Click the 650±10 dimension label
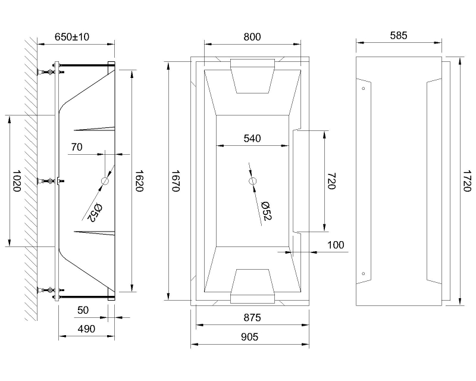[x=72, y=36]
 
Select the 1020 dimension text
[x=17, y=180]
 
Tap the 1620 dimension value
[x=139, y=180]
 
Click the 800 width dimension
[x=252, y=36]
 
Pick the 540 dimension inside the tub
[x=252, y=139]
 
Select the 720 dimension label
[x=331, y=181]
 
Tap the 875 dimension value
[x=252, y=318]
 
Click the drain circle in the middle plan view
[x=252, y=180]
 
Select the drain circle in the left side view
[x=105, y=180]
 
